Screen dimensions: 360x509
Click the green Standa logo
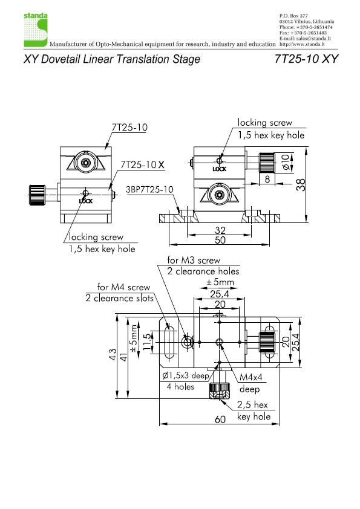pos(36,30)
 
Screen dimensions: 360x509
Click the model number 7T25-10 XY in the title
pos(306,59)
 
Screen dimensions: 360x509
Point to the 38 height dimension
pos(301,185)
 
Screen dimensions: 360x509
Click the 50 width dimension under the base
pos(220,240)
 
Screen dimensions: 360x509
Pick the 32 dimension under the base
pos(220,230)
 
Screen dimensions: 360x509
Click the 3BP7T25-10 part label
pos(149,189)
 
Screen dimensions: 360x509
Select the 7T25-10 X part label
pos(142,164)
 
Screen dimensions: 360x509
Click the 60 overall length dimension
pos(220,419)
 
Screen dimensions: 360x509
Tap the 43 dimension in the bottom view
pos(112,354)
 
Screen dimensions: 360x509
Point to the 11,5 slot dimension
pos(147,342)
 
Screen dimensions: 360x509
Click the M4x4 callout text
pos(250,377)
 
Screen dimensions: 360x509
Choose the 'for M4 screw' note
pos(123,287)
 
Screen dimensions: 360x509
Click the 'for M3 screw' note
pos(194,260)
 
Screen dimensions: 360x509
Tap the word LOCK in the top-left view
pos(86,201)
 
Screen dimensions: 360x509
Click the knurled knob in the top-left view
pos(37,195)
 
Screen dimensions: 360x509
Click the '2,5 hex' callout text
pos(252,404)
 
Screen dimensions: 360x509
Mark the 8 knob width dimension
pos(267,179)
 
